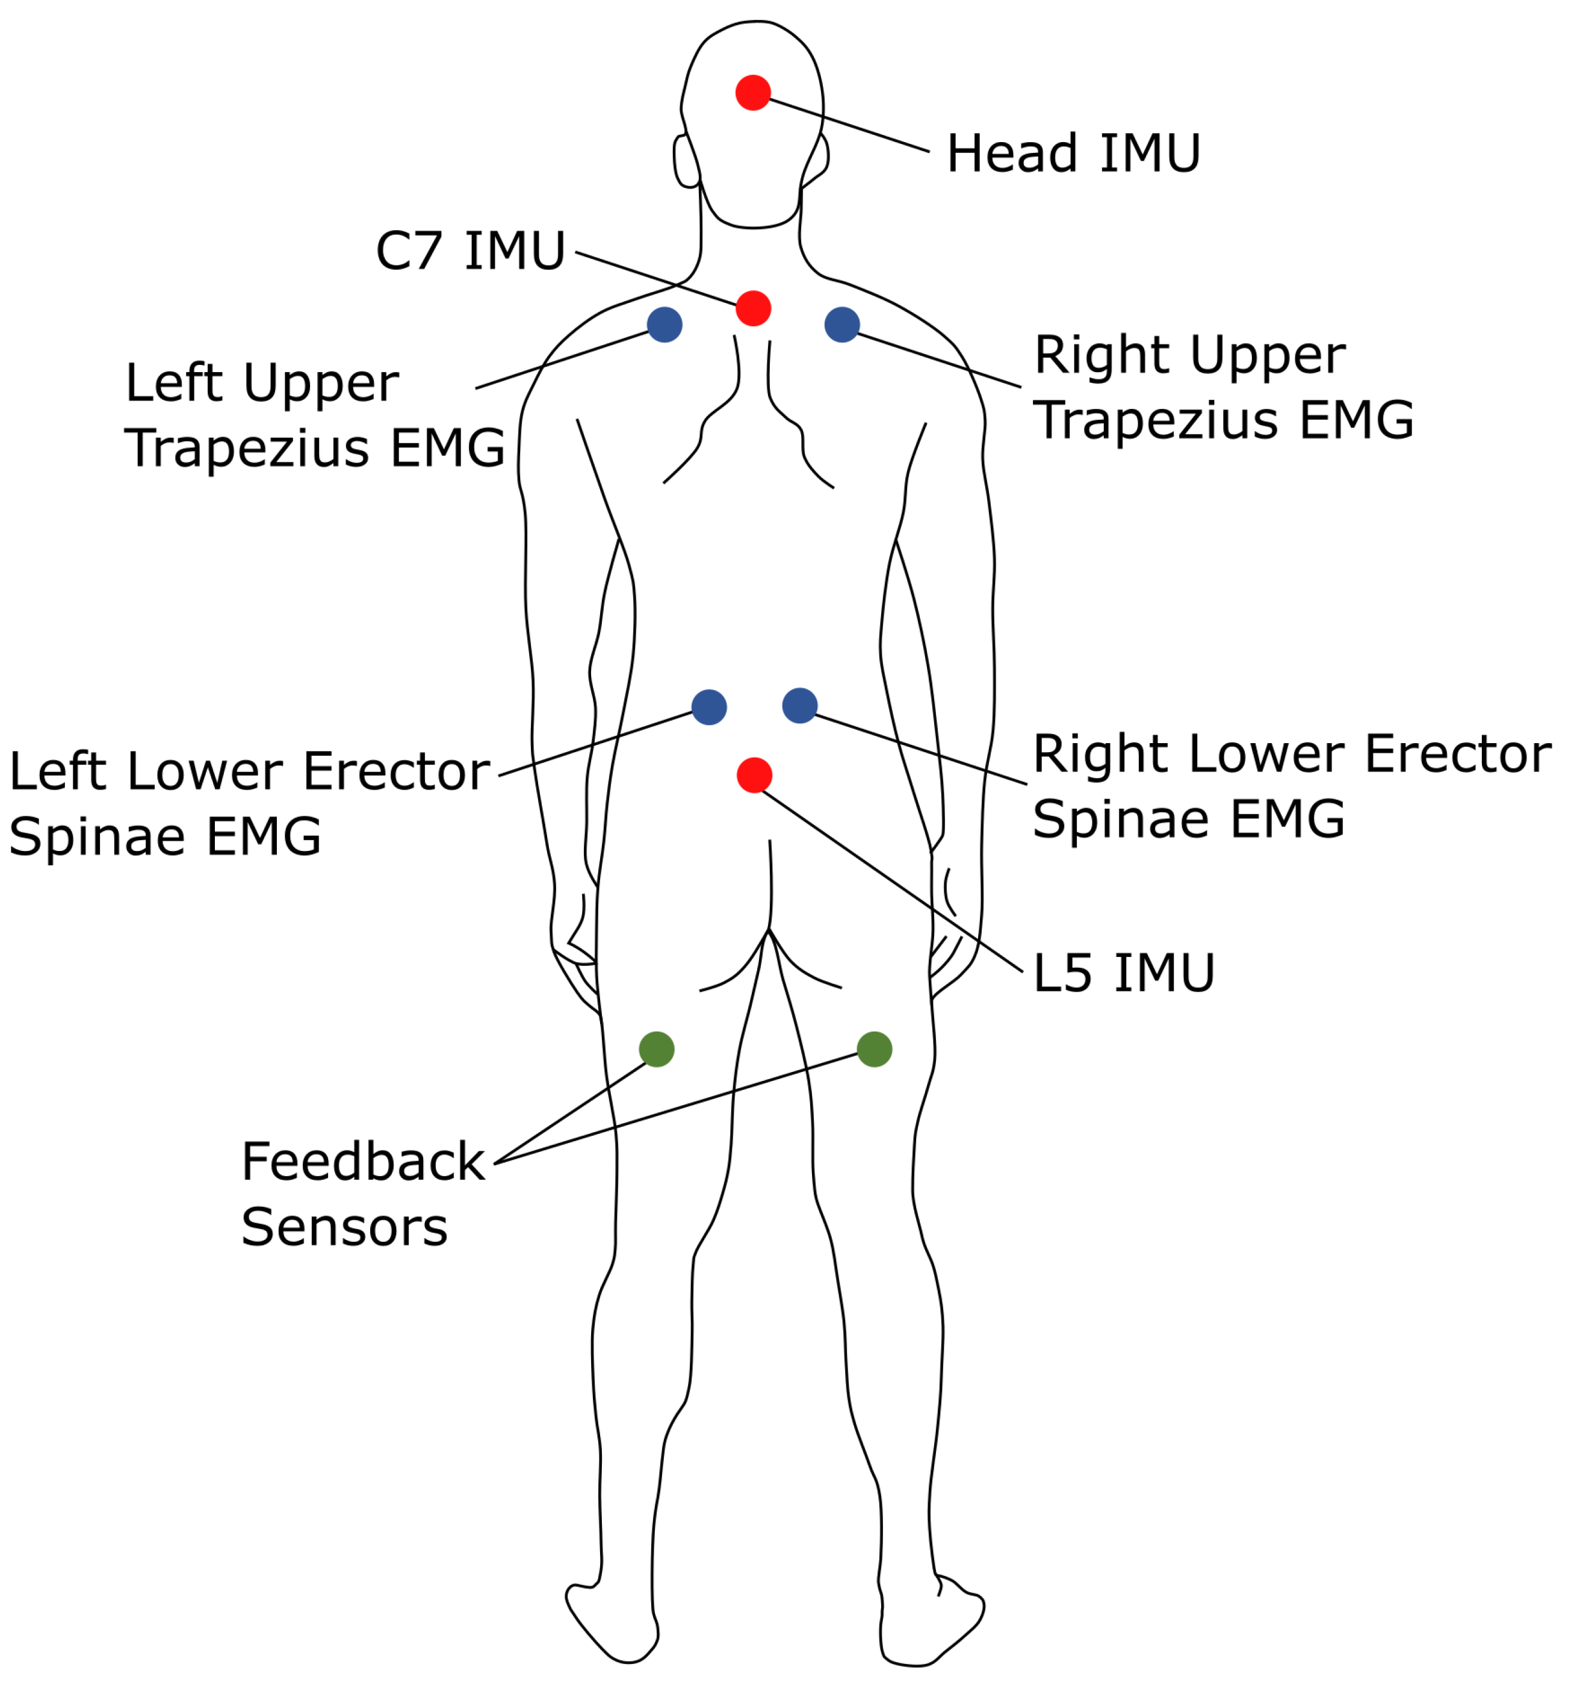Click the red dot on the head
[752, 93]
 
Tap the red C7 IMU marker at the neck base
[752, 308]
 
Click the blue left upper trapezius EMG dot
[664, 324]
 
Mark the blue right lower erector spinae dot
[799, 705]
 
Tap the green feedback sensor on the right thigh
[874, 1049]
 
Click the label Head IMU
[1072, 154]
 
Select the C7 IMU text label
[470, 251]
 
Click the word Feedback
[362, 1162]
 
